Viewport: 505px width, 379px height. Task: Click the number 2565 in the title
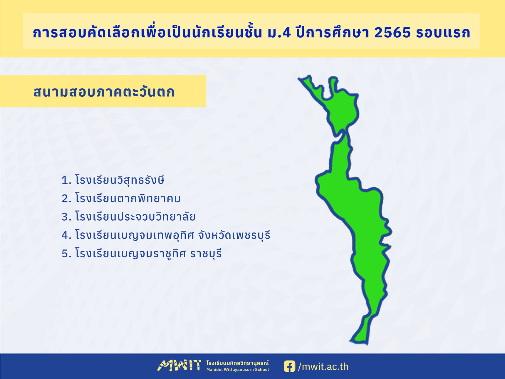[392, 32]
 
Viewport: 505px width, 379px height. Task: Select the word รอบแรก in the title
[443, 33]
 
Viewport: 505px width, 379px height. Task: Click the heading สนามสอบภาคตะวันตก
[104, 92]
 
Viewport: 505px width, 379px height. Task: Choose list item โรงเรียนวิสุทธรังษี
[120, 180]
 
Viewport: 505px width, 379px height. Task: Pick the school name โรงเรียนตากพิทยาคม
[128, 198]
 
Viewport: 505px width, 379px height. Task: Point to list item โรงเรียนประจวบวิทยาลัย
[135, 217]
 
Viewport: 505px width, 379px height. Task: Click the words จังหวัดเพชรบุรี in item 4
[234, 235]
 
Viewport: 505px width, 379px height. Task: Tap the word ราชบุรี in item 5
[206, 253]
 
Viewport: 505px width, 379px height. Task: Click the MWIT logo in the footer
[179, 366]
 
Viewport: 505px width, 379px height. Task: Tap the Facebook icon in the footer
[289, 366]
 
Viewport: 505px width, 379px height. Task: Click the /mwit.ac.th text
[323, 367]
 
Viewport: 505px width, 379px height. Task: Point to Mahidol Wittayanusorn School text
[237, 370]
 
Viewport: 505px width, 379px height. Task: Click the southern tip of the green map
[367, 344]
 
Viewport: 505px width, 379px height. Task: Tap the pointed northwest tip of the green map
[299, 79]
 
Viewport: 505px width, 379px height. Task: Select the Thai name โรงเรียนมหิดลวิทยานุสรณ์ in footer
[237, 363]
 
